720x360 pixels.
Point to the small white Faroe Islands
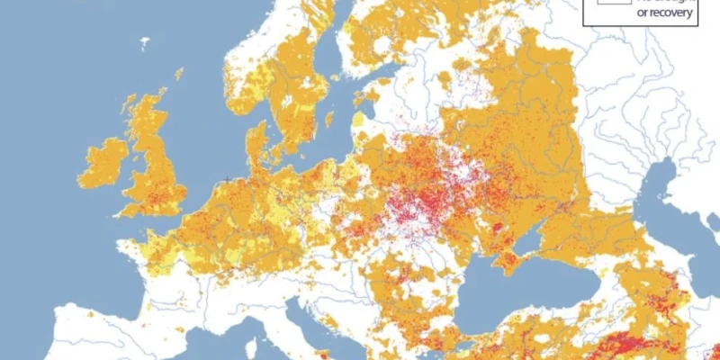(x=144, y=41)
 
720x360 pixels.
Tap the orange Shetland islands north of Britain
(x=179, y=73)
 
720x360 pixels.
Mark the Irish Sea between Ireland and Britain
(x=126, y=166)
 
